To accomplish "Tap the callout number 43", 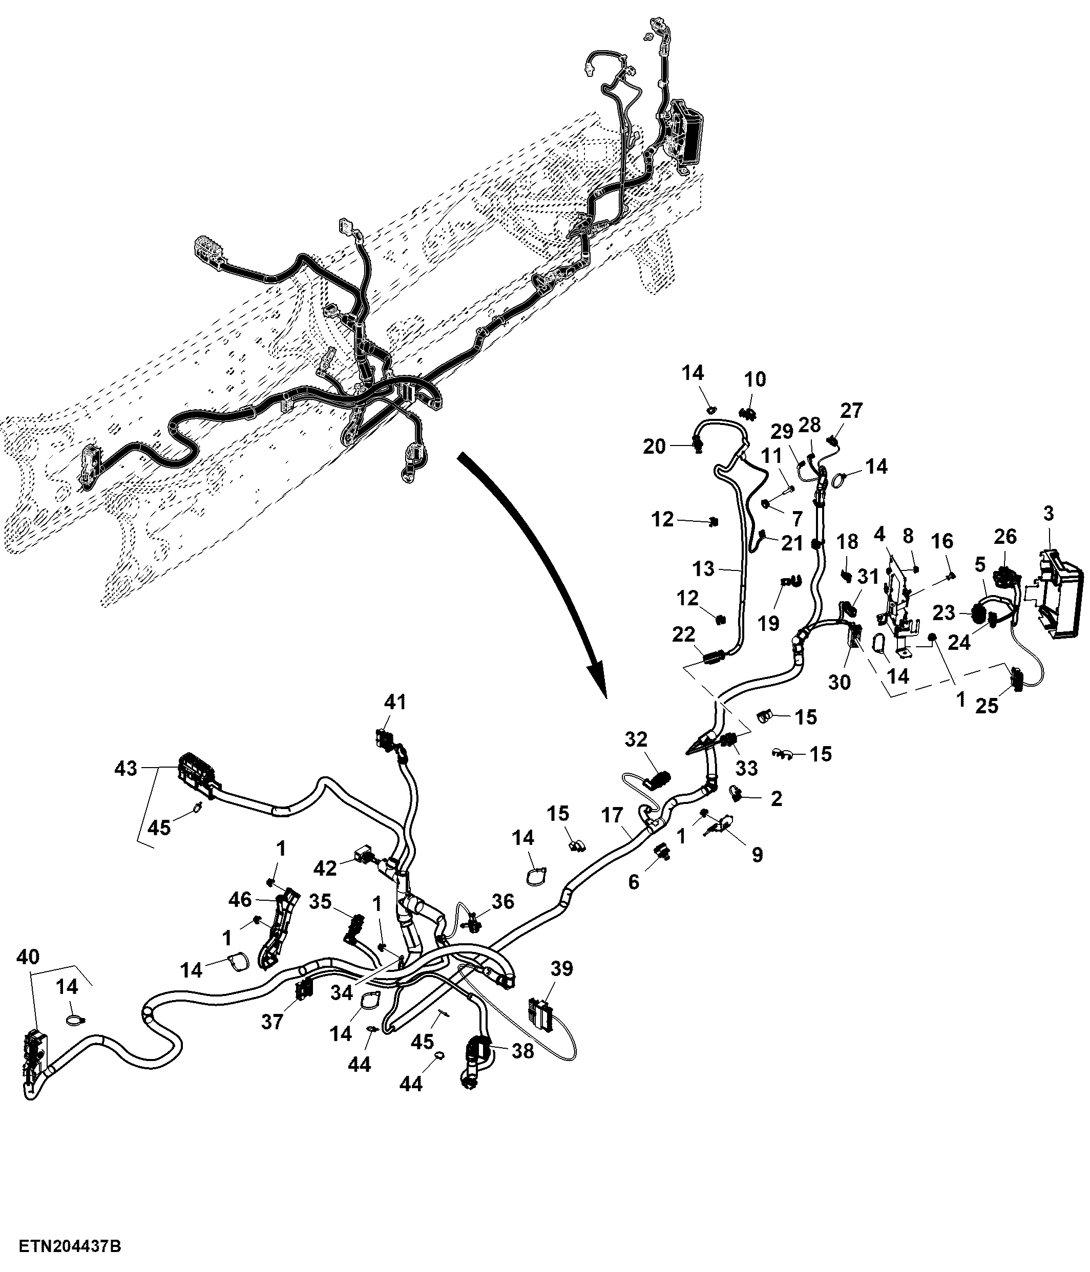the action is point(126,768).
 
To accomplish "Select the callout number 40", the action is point(29,957).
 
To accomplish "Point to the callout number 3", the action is point(1048,513).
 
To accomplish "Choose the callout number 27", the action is point(851,411).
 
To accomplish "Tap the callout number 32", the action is point(636,739).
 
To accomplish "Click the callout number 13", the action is point(703,568).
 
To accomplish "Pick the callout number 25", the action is point(988,706).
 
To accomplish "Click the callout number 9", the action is point(757,854).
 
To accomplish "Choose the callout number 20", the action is point(655,447).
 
